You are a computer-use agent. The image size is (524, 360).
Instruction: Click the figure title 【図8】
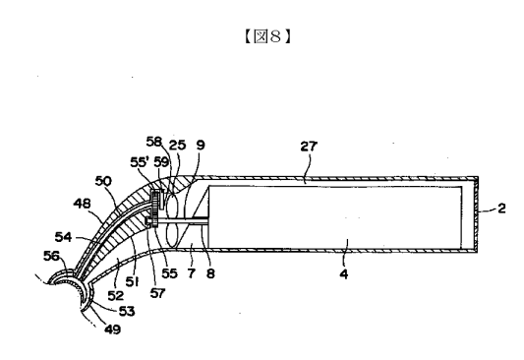pos(267,36)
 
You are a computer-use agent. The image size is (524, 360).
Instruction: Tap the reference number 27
pos(309,147)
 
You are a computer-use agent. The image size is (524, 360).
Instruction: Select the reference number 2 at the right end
pos(501,209)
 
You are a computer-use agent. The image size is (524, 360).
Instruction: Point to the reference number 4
pos(344,274)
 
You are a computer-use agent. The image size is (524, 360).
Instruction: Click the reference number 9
pos(201,145)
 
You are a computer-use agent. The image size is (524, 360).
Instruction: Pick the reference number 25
pos(177,145)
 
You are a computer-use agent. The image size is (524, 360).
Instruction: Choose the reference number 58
pos(154,142)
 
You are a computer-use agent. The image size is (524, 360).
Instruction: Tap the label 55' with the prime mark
pos(140,162)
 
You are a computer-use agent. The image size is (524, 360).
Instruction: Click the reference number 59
pos(162,162)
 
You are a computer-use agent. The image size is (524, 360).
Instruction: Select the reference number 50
pos(103,181)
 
